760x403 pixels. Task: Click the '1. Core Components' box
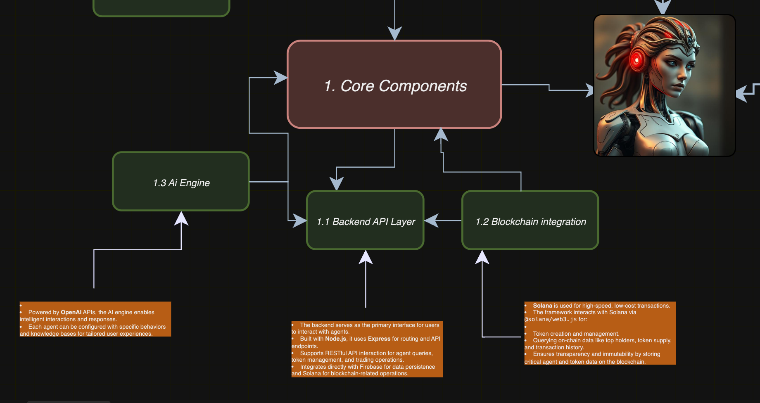pyautogui.click(x=394, y=84)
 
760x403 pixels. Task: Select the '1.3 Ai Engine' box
pyautogui.click(x=181, y=181)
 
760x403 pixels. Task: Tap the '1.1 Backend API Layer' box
pyautogui.click(x=366, y=220)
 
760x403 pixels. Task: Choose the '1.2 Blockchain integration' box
pyautogui.click(x=530, y=220)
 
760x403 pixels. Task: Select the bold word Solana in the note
pyautogui.click(x=542, y=306)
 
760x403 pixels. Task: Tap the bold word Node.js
pyautogui.click(x=335, y=339)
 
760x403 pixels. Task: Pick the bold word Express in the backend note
pyautogui.click(x=379, y=339)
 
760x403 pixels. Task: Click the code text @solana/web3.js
pyautogui.click(x=551, y=319)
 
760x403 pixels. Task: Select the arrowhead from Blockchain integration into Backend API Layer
pyautogui.click(x=431, y=220)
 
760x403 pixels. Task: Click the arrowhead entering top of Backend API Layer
pyautogui.click(x=337, y=184)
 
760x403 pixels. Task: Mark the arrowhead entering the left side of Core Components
pyautogui.click(x=281, y=78)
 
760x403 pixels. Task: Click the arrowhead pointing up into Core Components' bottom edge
pyautogui.click(x=441, y=135)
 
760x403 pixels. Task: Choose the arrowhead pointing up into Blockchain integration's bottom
pyautogui.click(x=482, y=257)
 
